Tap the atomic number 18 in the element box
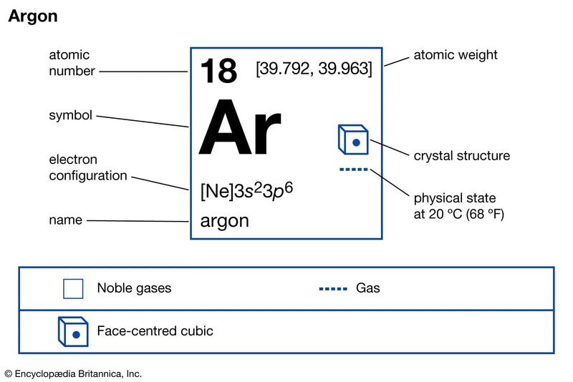pos(218,71)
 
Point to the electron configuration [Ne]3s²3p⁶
pos(247,192)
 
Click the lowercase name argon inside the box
pos(225,220)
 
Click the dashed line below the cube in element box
pos(352,170)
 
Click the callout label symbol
pos(70,115)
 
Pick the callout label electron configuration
pos(87,167)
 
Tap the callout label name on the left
pos(65,221)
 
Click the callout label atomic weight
pos(456,55)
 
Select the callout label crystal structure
pos(462,156)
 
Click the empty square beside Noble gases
pos(73,288)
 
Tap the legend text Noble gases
pos(134,289)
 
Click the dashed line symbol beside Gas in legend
pos(333,289)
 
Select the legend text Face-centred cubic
pos(155,331)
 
